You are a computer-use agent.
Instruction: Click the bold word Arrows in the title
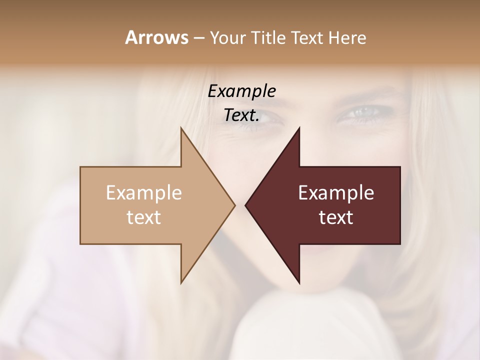(x=156, y=37)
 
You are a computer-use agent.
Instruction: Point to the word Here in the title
(x=347, y=37)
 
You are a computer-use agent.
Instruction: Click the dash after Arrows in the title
(x=198, y=38)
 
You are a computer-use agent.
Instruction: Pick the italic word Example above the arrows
(x=242, y=91)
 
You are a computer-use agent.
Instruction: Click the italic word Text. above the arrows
(x=242, y=115)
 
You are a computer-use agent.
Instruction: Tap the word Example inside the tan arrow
(x=144, y=192)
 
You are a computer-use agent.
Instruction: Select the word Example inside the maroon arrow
(x=336, y=192)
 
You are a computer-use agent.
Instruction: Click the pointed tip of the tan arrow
(x=234, y=204)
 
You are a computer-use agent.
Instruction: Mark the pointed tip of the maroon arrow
(x=245, y=204)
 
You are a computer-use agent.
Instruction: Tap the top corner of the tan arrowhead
(x=181, y=128)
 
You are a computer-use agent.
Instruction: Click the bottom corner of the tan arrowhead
(x=181, y=282)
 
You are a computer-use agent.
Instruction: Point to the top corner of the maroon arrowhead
(x=299, y=128)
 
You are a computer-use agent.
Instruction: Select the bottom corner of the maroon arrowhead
(x=299, y=283)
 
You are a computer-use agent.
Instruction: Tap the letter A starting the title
(x=131, y=37)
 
